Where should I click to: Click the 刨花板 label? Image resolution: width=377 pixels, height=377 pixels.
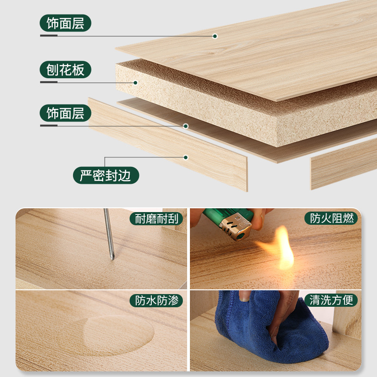(66, 70)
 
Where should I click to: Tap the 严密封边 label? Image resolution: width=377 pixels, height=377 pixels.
(106, 176)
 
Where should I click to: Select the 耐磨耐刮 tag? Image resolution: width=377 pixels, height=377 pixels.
(156, 219)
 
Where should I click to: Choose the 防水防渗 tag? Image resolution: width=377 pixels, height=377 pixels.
(156, 300)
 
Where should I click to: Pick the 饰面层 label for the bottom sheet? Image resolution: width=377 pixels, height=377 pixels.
(66, 114)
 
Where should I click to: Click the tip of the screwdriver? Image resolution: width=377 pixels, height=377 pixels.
(112, 258)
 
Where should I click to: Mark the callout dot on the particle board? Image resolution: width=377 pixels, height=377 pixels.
(135, 82)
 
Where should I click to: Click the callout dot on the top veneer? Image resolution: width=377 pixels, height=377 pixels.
(215, 36)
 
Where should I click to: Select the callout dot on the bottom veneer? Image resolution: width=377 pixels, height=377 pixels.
(186, 126)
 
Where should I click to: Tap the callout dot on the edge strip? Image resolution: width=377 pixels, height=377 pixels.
(186, 157)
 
